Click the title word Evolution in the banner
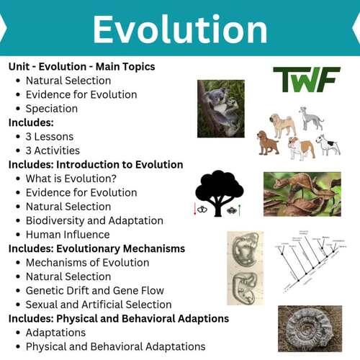coord(179,29)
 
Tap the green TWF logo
coord(306,79)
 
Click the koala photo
coord(220,108)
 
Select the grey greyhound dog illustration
coord(312,118)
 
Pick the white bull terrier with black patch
coord(328,144)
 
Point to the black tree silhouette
coord(219,191)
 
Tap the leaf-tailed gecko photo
coord(302,194)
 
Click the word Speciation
coord(52,109)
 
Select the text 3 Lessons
coord(50,137)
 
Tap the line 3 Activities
coord(54,150)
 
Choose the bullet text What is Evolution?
coord(71,179)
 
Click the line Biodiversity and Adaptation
coord(94,220)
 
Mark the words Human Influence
coord(68,235)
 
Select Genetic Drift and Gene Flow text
coord(94,291)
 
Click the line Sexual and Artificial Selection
coord(99,305)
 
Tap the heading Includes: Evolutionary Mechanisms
coord(96,248)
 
